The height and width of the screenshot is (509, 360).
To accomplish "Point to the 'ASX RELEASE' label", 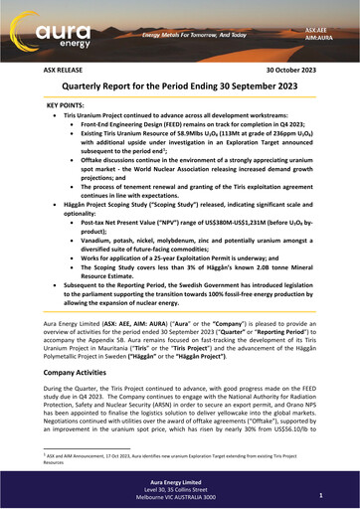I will tap(63, 73).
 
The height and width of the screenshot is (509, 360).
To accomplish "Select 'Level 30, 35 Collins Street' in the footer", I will tap(180, 493).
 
